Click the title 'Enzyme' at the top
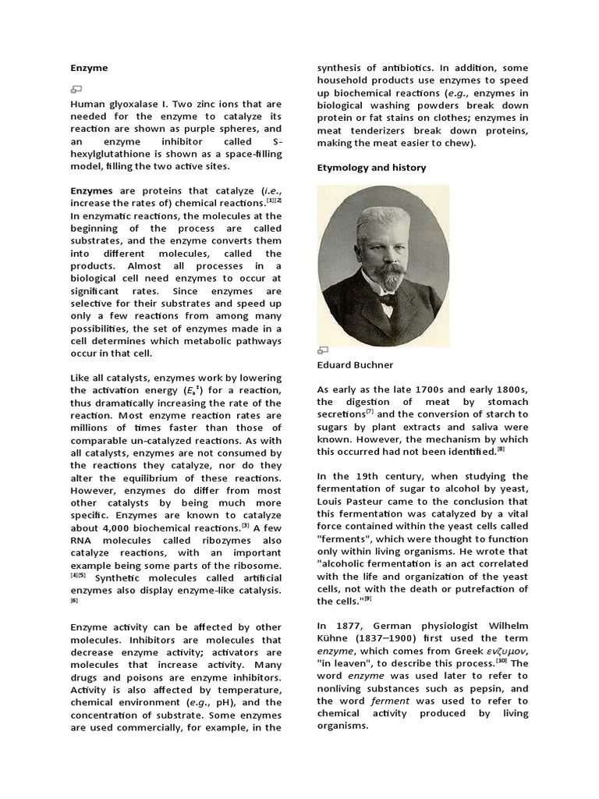pos(89,68)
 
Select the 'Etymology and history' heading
pos(371,168)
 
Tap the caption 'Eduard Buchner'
pos(355,364)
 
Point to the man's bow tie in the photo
pos(388,298)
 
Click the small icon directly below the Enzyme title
pos(76,89)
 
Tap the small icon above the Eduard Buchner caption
pos(323,350)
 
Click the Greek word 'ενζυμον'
pos(503,650)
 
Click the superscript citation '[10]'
pos(500,660)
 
